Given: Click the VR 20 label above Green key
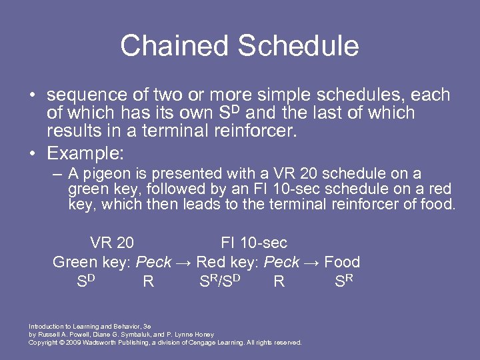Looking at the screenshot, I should [x=111, y=243].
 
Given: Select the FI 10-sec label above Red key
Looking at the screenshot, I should [x=253, y=243].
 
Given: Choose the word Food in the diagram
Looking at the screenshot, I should [x=342, y=262].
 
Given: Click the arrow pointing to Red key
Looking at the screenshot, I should [x=184, y=262].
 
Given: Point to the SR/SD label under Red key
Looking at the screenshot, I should [x=220, y=281].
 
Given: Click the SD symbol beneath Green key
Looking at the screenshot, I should [x=86, y=281].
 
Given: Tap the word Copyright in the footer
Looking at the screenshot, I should [x=42, y=343].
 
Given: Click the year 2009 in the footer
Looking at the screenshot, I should [x=72, y=343].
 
